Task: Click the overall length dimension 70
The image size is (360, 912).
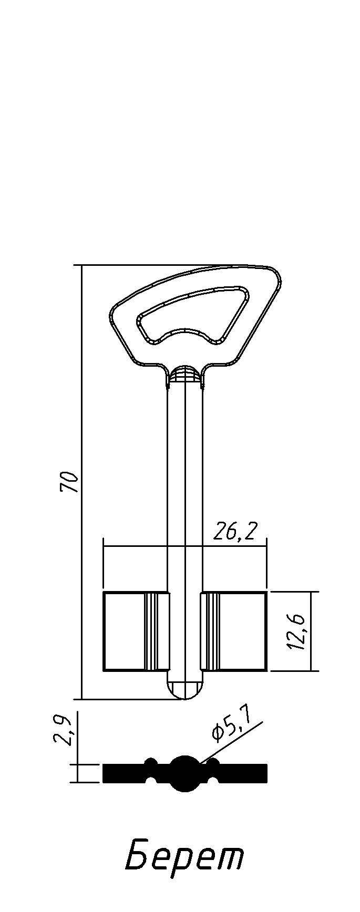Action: coord(69,482)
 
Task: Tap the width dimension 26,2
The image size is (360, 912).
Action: coord(235,533)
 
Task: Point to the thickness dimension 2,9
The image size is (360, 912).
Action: coord(64,730)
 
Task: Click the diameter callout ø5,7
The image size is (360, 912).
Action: coord(231,724)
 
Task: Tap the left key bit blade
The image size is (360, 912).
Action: coord(137,631)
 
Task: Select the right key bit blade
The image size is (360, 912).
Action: coord(234,631)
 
